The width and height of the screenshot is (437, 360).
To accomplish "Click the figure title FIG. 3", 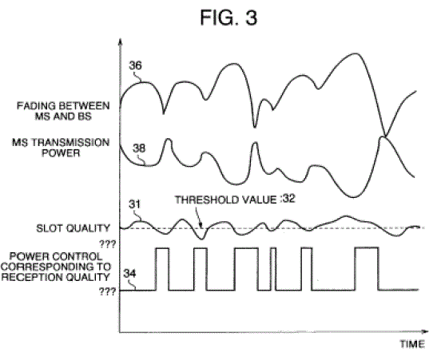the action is point(228,18).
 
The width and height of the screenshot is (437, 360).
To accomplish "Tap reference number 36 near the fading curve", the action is point(135,65).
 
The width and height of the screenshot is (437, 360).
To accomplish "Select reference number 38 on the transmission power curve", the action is point(139,148).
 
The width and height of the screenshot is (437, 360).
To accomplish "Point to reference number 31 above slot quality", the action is point(134,204).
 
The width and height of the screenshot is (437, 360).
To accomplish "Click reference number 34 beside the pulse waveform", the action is point(129,274).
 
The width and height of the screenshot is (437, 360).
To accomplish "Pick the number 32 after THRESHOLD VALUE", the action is point(288,199).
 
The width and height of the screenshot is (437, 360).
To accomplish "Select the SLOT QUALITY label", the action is point(73,228).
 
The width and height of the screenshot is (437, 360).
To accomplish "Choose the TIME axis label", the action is point(412,344).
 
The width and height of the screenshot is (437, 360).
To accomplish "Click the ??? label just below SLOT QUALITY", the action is point(107,244).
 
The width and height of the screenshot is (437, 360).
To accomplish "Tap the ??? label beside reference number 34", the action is point(107,291).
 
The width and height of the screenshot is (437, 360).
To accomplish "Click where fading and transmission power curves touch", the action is point(385,136).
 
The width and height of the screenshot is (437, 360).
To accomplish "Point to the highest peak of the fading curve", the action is point(356,53).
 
